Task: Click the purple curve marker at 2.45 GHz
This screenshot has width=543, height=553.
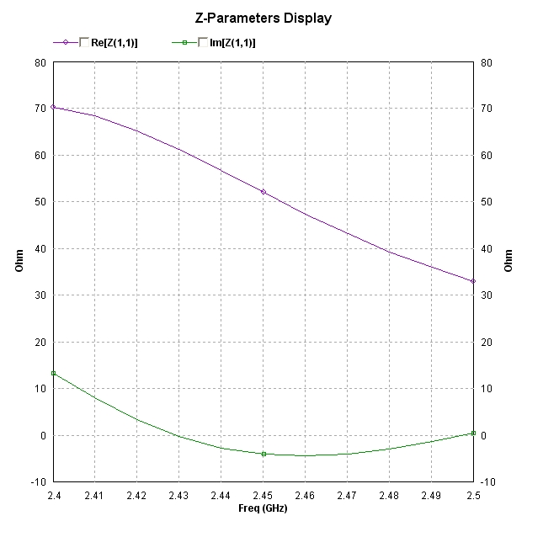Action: tap(264, 192)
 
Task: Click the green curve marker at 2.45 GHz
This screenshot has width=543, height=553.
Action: tap(264, 454)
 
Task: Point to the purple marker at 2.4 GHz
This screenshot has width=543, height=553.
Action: tap(53, 107)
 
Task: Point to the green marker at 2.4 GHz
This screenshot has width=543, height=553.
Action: tap(53, 373)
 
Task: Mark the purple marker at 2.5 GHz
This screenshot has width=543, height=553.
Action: tap(473, 281)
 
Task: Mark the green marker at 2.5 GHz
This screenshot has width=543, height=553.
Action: tap(473, 433)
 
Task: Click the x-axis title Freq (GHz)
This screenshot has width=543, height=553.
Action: tap(263, 509)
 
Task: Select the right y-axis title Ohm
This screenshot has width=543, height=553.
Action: tap(508, 261)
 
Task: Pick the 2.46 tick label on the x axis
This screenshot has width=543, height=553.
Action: tap(305, 496)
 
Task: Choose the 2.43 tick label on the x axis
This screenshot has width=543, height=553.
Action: tap(178, 496)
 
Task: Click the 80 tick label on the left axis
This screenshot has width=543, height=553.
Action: tap(40, 62)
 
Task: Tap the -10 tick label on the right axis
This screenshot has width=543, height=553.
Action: tap(487, 481)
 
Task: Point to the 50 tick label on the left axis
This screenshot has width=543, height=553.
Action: tap(40, 202)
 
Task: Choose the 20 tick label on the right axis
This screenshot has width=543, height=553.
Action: tap(486, 342)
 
